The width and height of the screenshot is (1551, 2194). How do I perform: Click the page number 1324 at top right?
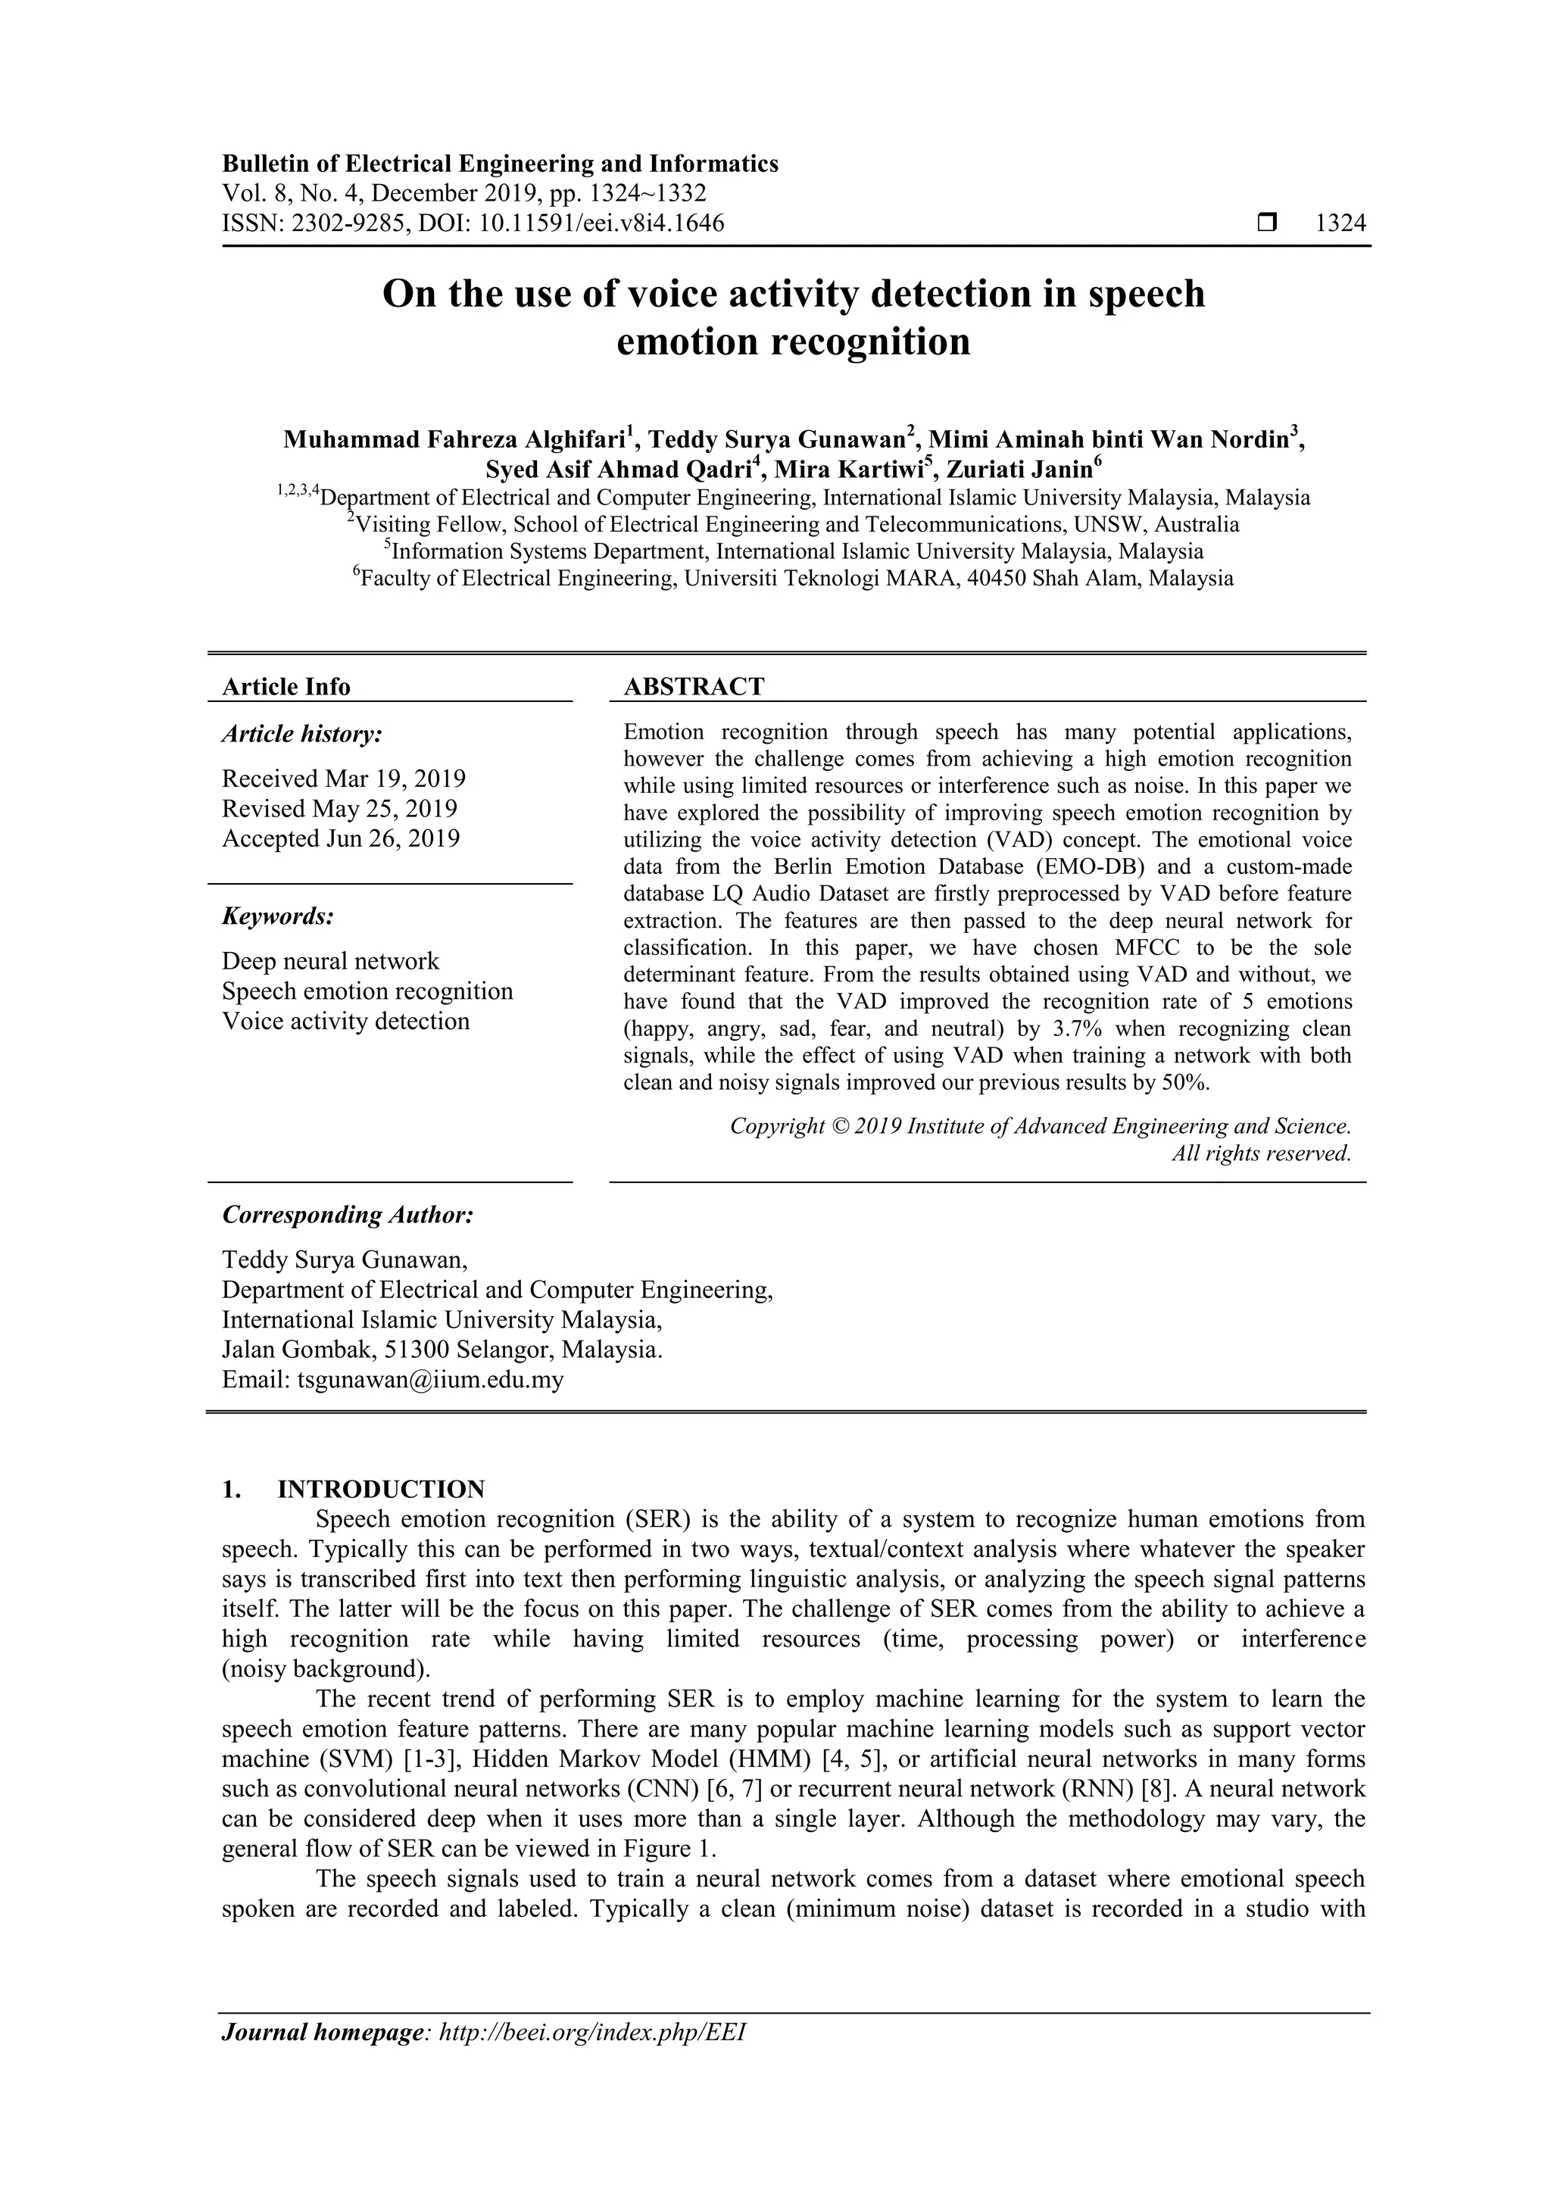(1340, 223)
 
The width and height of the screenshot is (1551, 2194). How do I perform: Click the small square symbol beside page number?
(1266, 223)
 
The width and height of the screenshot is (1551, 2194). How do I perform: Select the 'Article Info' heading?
(286, 686)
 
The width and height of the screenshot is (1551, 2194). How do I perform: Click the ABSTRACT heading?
(694, 686)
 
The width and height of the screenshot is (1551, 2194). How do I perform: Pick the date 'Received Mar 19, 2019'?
(343, 779)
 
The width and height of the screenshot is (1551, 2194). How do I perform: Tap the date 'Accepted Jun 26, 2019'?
(340, 838)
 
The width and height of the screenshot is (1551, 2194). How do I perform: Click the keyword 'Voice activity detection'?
(345, 1021)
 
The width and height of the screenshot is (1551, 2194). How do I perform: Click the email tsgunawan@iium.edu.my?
(430, 1380)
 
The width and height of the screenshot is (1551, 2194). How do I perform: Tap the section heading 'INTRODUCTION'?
(380, 1490)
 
